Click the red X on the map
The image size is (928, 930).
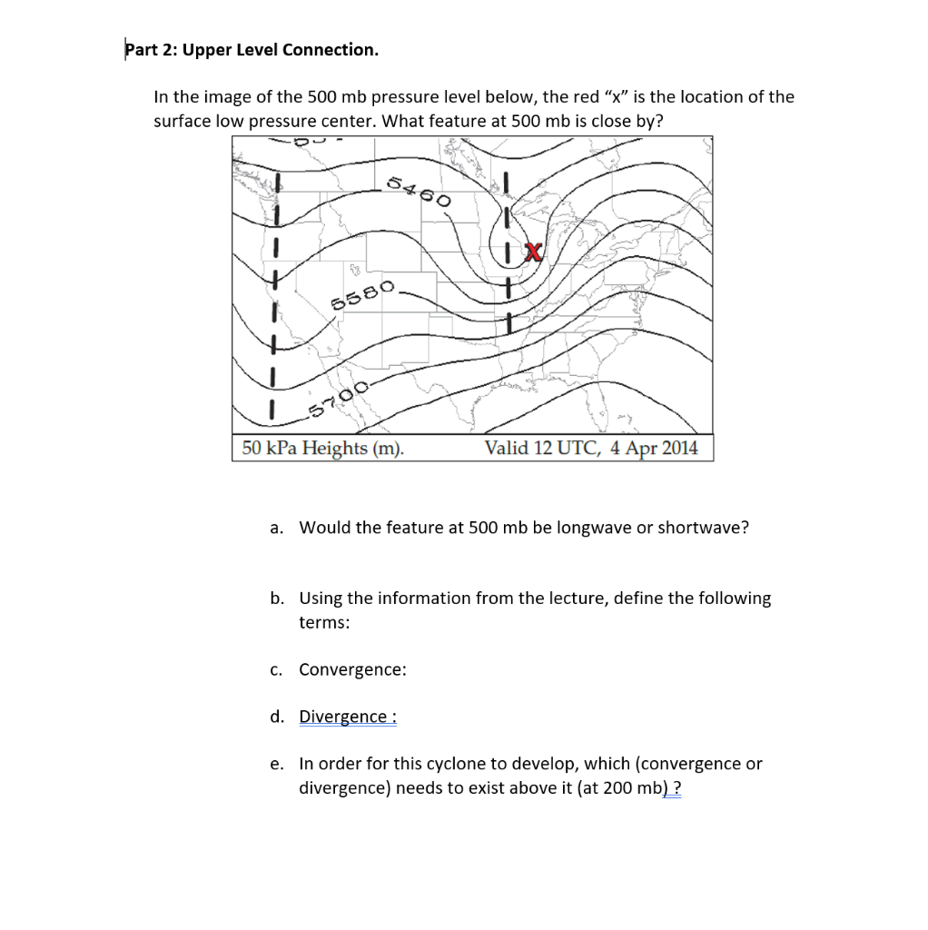(x=534, y=252)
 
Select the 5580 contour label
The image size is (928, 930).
(x=362, y=296)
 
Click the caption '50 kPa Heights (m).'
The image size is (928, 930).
(x=323, y=448)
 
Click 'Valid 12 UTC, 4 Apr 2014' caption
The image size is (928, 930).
(x=591, y=448)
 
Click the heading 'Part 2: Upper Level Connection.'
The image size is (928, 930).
(x=252, y=49)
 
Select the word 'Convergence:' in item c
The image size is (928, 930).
(x=352, y=669)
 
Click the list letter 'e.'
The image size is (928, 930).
(x=276, y=764)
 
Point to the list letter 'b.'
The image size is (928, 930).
(x=276, y=599)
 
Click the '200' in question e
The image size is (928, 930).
(x=617, y=787)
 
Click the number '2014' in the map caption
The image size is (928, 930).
(x=680, y=448)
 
